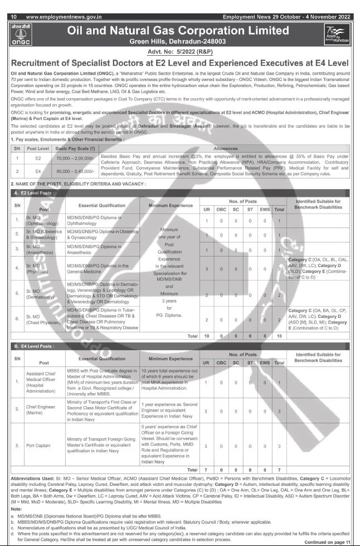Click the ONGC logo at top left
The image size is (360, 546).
pos(18,35)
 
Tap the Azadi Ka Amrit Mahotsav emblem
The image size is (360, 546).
pos(338,35)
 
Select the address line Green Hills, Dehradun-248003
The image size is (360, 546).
pos(178,42)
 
